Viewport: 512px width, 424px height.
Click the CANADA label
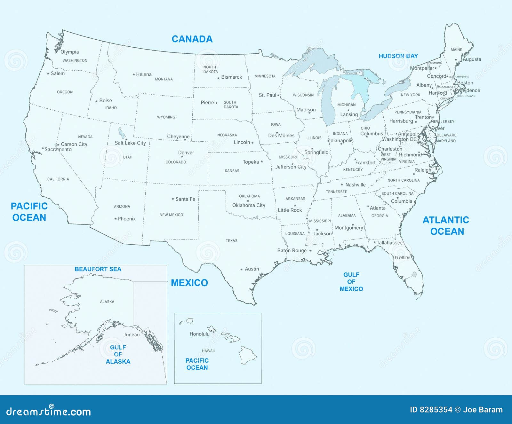(x=192, y=39)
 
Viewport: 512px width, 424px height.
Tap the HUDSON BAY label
(x=398, y=56)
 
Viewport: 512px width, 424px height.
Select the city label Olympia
(x=69, y=52)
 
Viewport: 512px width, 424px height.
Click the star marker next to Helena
(x=134, y=75)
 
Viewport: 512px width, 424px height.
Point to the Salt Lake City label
(x=130, y=143)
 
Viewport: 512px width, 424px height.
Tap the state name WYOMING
(x=166, y=117)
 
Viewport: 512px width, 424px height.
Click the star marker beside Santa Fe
(x=173, y=199)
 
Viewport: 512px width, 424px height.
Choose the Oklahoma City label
(x=249, y=205)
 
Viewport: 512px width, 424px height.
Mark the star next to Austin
(x=242, y=270)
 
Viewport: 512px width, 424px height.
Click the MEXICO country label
(x=189, y=283)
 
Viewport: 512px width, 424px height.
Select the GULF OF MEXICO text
(x=351, y=282)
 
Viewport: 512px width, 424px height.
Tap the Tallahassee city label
(x=389, y=243)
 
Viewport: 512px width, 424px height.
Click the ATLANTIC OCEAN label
(x=446, y=225)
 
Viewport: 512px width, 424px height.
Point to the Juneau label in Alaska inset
(x=132, y=334)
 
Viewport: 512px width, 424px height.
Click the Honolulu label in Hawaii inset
(x=199, y=334)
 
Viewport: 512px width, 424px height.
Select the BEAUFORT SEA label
(x=98, y=269)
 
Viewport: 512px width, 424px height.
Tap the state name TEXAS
(x=231, y=240)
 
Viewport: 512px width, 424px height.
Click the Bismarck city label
(x=231, y=77)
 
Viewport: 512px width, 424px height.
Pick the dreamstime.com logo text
(x=49, y=411)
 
